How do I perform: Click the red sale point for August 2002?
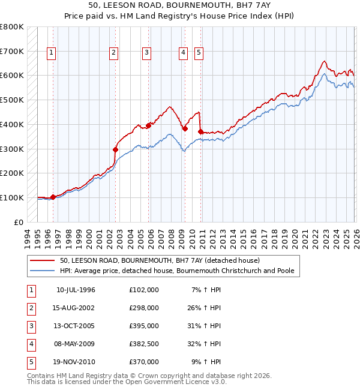(x=115, y=149)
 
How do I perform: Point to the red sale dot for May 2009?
(x=185, y=128)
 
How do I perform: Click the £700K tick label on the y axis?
(x=12, y=52)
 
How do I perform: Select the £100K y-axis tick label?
(x=12, y=197)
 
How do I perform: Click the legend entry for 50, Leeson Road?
(x=160, y=260)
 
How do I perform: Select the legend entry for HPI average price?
(x=176, y=271)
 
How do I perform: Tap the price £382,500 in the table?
(x=143, y=344)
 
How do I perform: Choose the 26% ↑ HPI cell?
(x=206, y=308)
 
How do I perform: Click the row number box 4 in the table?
(x=30, y=344)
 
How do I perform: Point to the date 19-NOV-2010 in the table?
(x=75, y=362)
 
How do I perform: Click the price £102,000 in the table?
(x=143, y=290)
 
